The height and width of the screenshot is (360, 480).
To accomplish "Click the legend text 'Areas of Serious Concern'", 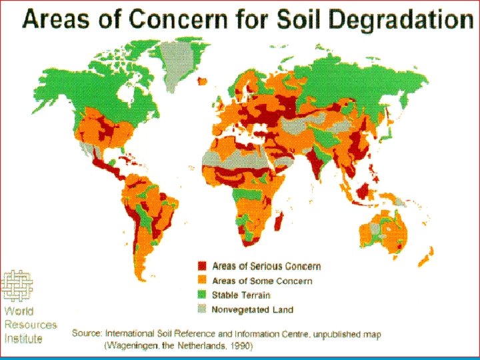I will (x=266, y=267).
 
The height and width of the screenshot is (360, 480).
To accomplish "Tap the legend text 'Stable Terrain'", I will (x=241, y=295).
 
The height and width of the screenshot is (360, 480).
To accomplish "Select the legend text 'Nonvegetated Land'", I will (x=252, y=309).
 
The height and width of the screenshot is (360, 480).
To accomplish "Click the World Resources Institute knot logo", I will (x=19, y=286).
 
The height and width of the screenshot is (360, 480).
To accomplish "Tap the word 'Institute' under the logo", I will (x=23, y=339).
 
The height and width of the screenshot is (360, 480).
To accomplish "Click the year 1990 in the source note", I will (x=241, y=346).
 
